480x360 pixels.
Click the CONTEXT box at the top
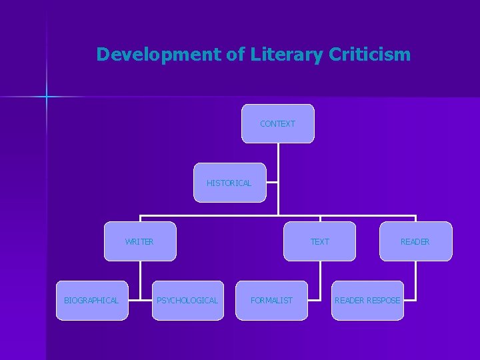pos(277,123)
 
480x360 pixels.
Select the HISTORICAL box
pos(229,183)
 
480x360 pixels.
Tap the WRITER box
pos(140,241)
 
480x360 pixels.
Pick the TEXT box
pos(320,241)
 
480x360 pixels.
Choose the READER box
pos(415,241)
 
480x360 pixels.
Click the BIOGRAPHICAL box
pos(91,301)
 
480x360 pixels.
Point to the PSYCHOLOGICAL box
pos(187,301)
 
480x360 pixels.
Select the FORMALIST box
pos(271,301)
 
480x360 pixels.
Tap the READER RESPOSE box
pos(367,301)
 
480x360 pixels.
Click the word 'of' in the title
pos(236,55)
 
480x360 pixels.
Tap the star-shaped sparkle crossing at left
pos(47,97)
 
